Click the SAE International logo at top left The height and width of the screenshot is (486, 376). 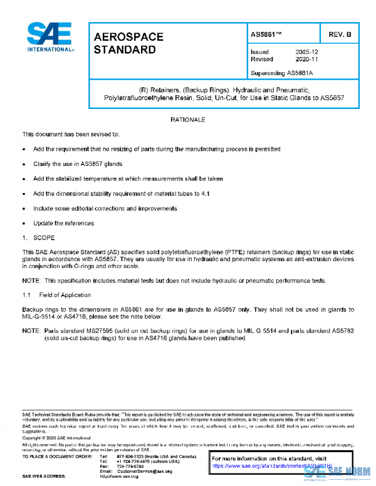[x=50, y=37]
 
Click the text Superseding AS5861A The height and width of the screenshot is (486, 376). [x=281, y=73]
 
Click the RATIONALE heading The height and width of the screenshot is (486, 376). [x=189, y=119]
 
